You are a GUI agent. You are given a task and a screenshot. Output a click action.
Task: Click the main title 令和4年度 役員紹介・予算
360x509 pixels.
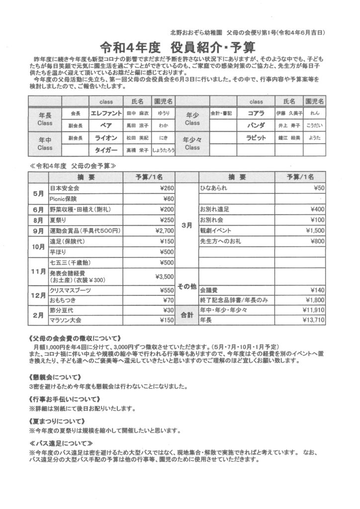coord(178,48)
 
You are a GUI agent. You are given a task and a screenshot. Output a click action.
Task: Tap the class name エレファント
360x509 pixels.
coord(106,113)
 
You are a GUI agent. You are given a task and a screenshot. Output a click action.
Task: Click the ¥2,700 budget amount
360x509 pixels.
coord(164,231)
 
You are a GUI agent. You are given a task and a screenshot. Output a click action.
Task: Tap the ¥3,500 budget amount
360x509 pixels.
coord(164,276)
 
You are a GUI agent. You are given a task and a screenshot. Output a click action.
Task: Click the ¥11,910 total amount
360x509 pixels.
coord(313,310)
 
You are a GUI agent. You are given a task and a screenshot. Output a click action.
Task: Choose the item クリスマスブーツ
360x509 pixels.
coord(69,290)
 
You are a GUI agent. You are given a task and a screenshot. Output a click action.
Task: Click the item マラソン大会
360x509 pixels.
coord(65,320)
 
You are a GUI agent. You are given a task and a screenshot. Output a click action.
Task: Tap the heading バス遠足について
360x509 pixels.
coord(61,443)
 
